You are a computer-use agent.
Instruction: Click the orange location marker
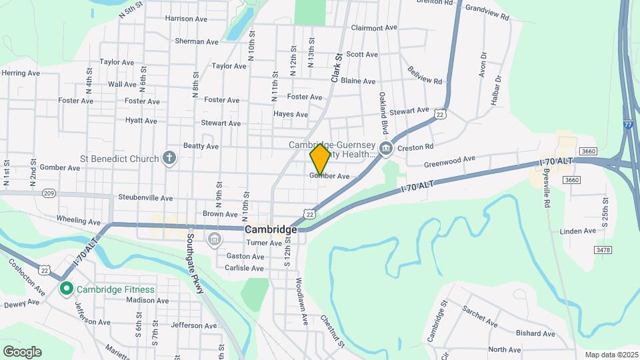coord(320,159)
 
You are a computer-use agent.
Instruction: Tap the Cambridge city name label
coord(271,229)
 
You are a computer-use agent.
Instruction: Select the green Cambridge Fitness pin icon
coord(66,289)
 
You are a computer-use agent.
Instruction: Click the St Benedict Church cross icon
coord(170,158)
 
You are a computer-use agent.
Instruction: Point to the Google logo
coord(21,351)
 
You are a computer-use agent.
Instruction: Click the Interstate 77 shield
coord(629,126)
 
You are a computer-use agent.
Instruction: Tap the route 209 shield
coord(49,193)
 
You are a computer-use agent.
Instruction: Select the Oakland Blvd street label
coord(383,113)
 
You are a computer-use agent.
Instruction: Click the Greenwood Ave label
coord(450,161)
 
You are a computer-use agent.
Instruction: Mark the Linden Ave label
coord(578,231)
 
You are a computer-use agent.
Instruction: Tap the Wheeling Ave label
coord(79,221)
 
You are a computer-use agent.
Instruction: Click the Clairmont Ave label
coord(374,28)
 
